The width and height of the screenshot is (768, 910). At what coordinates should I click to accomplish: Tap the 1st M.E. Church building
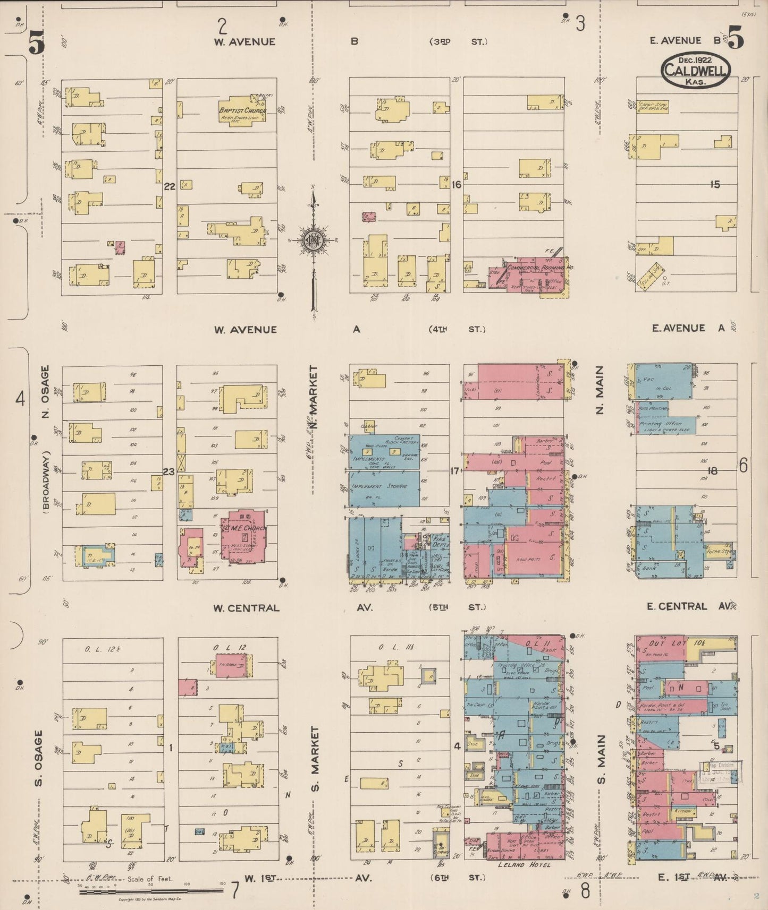(x=244, y=536)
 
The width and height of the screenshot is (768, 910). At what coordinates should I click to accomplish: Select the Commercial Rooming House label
(x=540, y=268)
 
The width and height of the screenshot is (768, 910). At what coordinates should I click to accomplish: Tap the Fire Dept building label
(x=440, y=540)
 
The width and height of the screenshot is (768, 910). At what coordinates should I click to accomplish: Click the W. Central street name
(x=246, y=608)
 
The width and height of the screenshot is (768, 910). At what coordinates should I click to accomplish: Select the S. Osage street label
(x=39, y=758)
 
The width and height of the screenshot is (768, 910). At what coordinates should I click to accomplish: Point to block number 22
(x=169, y=186)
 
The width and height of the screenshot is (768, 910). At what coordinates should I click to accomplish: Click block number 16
(x=456, y=185)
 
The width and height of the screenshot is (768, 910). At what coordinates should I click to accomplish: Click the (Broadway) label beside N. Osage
(x=45, y=482)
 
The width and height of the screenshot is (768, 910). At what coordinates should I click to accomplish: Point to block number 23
(x=168, y=471)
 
